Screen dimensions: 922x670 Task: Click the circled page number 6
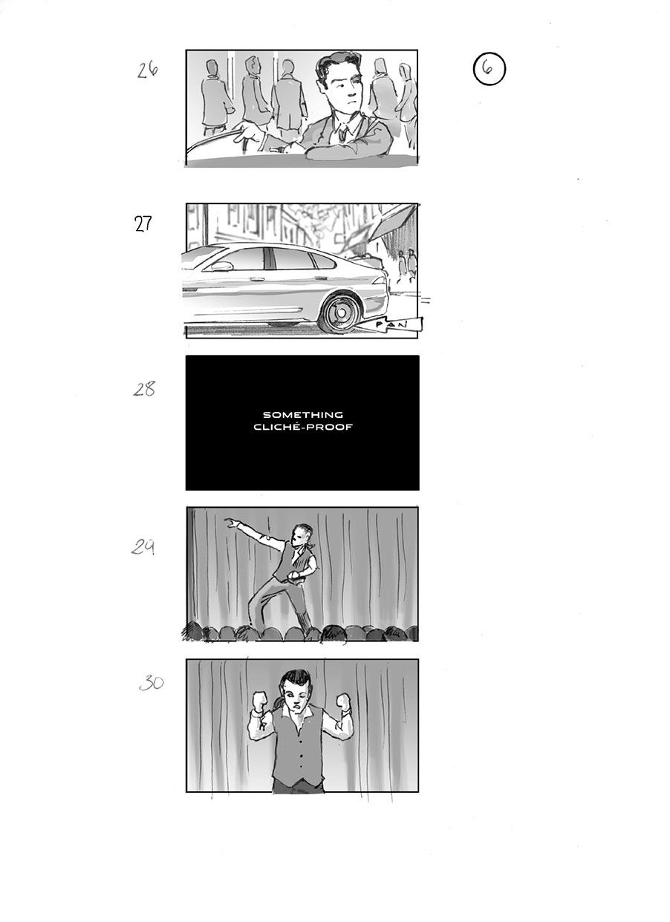pos(488,68)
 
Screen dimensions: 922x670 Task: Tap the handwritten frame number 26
pos(148,71)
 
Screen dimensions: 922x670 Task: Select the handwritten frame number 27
pos(143,224)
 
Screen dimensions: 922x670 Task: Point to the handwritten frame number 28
pos(144,389)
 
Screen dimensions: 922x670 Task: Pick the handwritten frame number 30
pos(151,683)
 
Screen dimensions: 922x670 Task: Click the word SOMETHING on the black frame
pos(302,415)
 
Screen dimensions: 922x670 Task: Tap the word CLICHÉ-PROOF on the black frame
pos(302,427)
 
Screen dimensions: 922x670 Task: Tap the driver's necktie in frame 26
pos(343,134)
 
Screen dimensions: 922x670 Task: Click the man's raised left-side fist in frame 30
pos(261,701)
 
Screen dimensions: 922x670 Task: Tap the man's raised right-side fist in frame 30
pos(343,701)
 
